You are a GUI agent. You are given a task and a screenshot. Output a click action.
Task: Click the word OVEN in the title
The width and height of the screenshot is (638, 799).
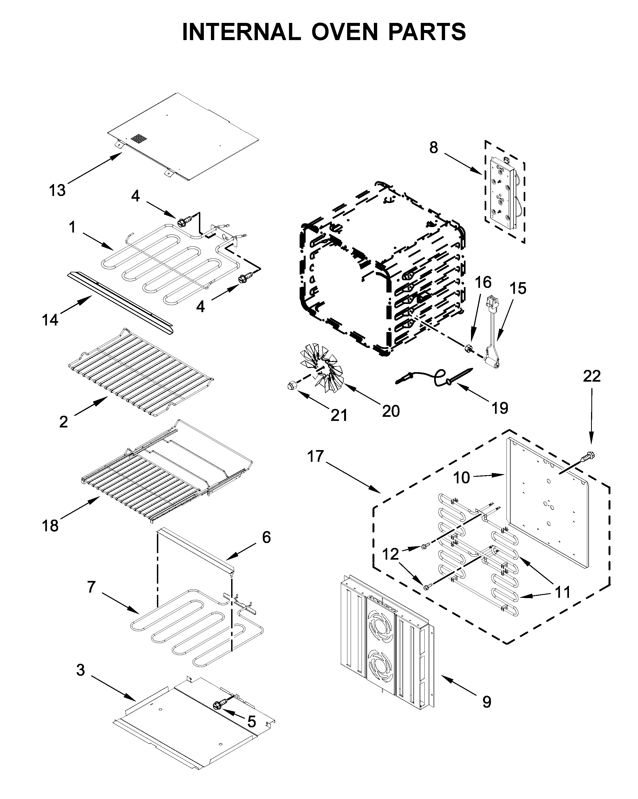point(344,32)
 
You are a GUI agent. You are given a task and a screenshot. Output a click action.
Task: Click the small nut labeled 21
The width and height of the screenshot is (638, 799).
point(293,385)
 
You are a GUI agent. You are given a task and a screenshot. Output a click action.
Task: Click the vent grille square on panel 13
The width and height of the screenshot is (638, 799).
point(139,139)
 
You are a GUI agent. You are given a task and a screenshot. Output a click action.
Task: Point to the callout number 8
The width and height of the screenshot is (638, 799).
point(434,147)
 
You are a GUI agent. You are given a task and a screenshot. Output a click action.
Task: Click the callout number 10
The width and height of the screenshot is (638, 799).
point(461,478)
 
